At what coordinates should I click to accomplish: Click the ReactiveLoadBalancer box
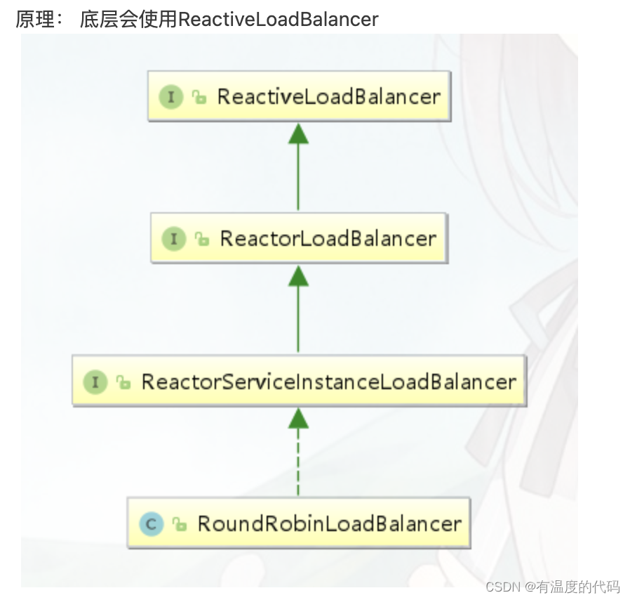[x=298, y=96]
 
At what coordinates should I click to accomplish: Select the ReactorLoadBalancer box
[x=299, y=239]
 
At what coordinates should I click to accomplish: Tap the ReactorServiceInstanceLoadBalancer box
[x=299, y=381]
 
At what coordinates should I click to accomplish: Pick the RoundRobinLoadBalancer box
[x=299, y=523]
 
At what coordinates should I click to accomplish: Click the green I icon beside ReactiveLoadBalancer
[x=170, y=96]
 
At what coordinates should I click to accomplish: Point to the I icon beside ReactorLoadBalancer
[x=173, y=239]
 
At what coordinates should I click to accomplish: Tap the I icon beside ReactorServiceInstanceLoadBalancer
[x=95, y=382]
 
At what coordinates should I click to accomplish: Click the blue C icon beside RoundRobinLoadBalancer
[x=151, y=524]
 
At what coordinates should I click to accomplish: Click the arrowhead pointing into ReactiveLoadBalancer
[x=298, y=133]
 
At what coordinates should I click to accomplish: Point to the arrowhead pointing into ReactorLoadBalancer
[x=298, y=275]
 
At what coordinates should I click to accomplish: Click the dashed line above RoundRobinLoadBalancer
[x=298, y=464]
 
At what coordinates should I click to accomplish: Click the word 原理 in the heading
[x=34, y=19]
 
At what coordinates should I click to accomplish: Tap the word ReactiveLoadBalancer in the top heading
[x=278, y=19]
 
